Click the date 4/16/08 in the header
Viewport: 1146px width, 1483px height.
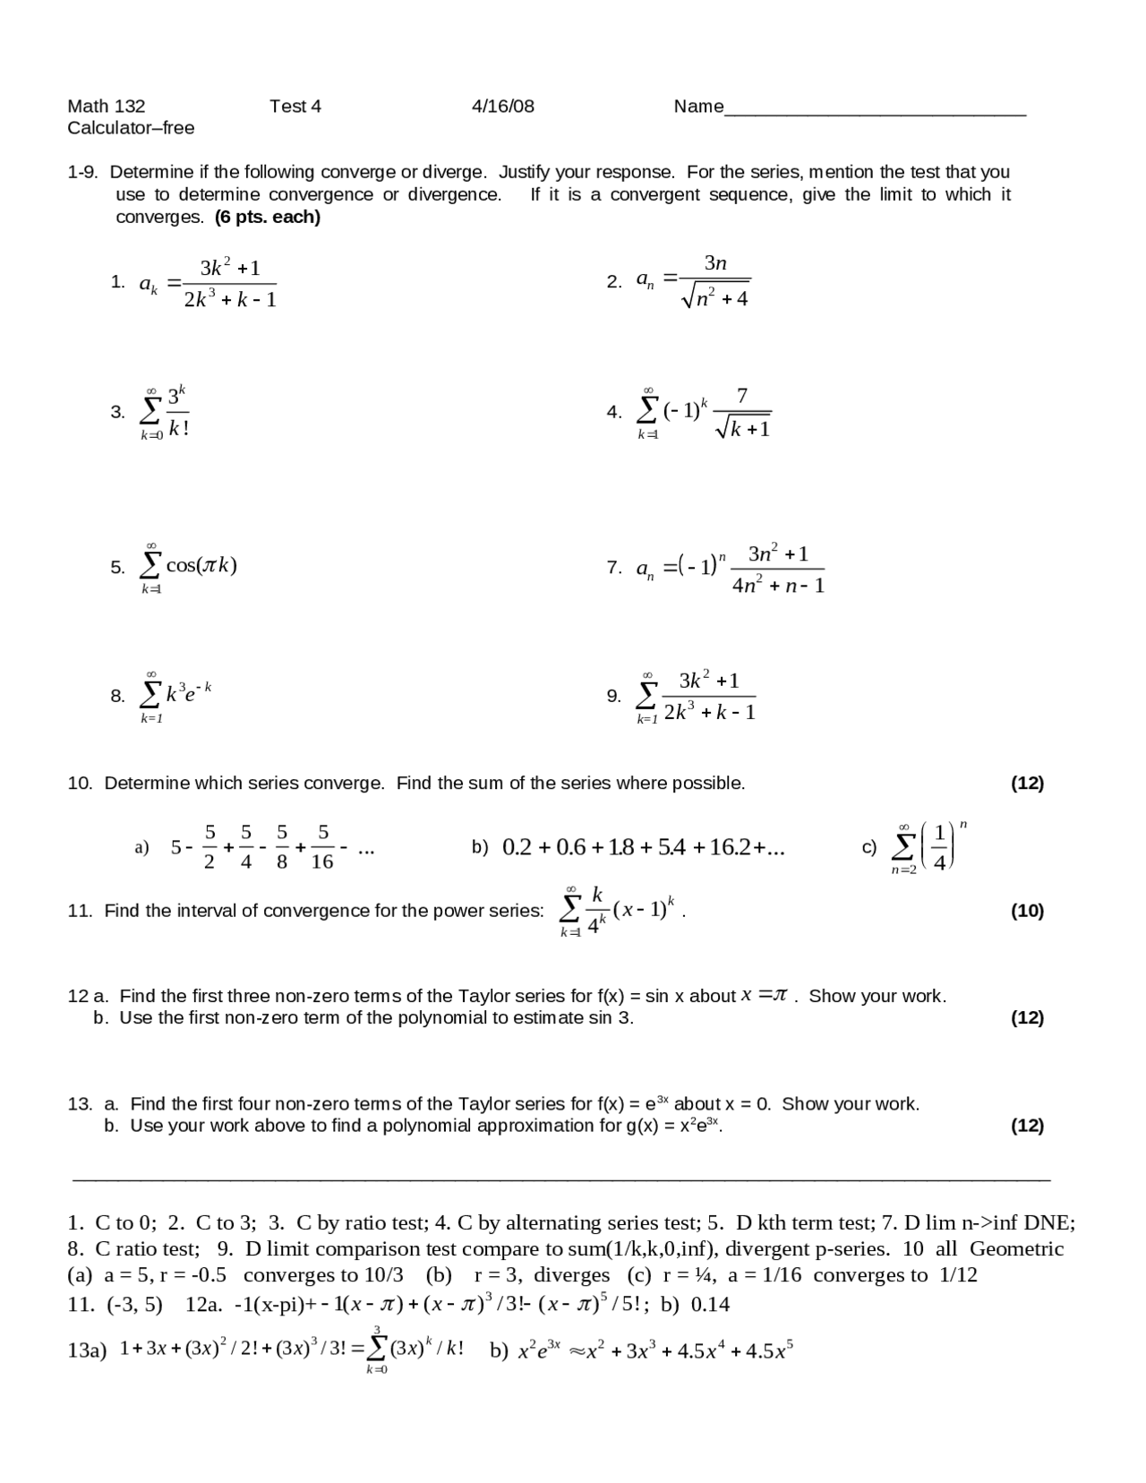tap(502, 107)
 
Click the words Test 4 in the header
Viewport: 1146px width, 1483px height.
tap(295, 107)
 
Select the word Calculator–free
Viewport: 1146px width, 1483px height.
tap(131, 128)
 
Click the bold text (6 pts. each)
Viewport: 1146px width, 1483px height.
tap(268, 217)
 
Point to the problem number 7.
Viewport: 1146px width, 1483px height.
tap(613, 568)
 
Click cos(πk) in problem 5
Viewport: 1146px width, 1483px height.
tap(201, 565)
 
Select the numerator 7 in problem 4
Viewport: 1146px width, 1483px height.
tap(741, 396)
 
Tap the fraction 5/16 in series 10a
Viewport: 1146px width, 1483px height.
tap(322, 847)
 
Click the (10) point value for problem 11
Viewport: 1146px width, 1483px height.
tap(1027, 911)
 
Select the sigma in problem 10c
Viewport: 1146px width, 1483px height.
tap(905, 846)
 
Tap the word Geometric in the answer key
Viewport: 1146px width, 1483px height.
tap(1016, 1248)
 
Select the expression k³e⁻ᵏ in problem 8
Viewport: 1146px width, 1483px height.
tap(188, 692)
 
